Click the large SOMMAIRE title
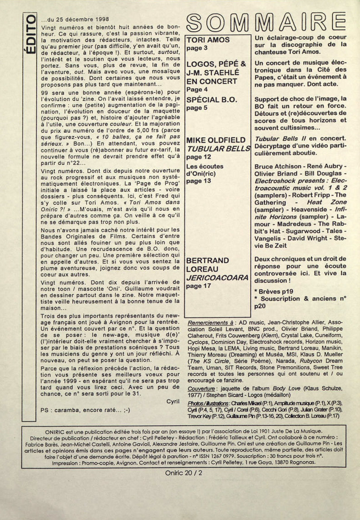[x=265, y=23]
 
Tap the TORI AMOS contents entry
[x=208, y=40]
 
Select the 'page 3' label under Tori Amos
[x=197, y=48]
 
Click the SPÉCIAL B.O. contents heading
[x=212, y=100]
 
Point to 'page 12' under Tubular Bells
[x=199, y=157]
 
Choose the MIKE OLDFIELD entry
[x=216, y=140]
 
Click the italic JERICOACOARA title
[x=217, y=278]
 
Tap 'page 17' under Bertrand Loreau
[x=199, y=286]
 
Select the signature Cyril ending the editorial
[x=173, y=401]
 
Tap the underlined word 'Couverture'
[x=201, y=389]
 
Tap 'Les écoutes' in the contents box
[x=205, y=166]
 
